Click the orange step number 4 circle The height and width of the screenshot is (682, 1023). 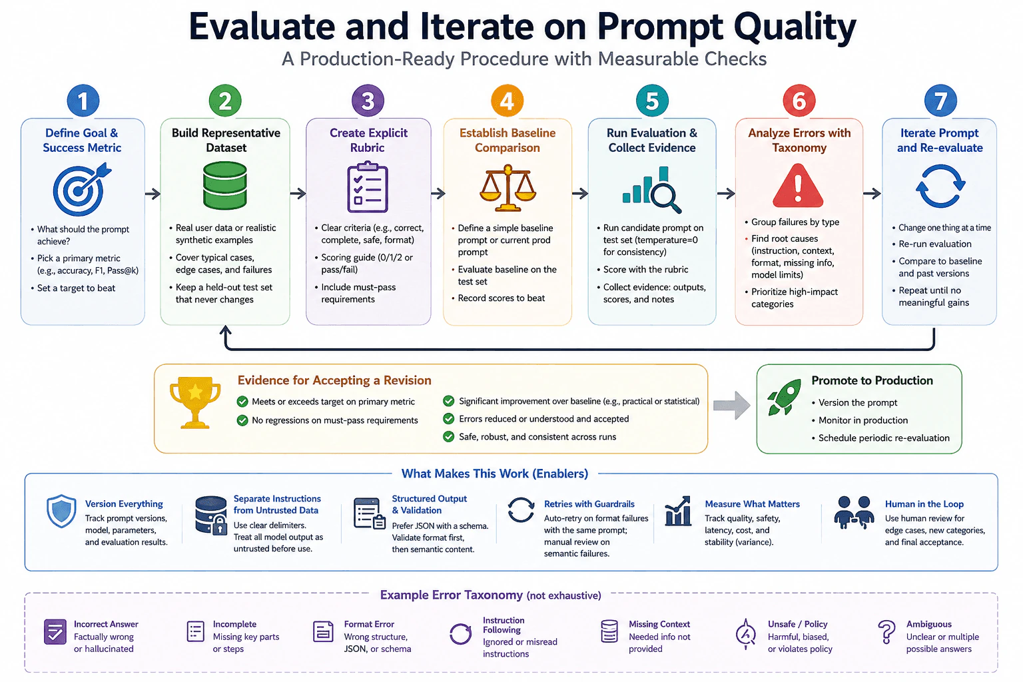point(507,101)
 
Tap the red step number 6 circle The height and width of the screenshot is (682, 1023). point(799,101)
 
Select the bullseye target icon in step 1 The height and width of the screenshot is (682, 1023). point(81,189)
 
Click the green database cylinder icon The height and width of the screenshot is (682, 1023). point(224,186)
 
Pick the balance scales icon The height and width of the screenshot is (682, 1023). point(508,188)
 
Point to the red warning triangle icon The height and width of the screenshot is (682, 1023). point(798,186)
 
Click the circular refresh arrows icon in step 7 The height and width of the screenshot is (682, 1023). point(940,186)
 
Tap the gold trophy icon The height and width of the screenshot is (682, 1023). point(195,402)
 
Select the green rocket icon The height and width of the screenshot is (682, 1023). point(784,397)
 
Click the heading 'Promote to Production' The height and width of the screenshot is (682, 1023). point(872,380)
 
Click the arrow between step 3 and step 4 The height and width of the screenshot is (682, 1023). point(438,193)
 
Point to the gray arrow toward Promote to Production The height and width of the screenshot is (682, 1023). point(732,405)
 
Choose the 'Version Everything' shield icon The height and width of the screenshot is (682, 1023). point(61,511)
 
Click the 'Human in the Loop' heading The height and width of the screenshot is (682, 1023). point(924,504)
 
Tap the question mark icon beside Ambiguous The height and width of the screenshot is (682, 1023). point(886,632)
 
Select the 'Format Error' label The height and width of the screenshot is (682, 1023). point(369,624)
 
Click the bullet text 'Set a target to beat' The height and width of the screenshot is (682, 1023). point(77,288)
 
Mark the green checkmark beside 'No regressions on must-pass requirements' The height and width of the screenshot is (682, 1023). point(242,420)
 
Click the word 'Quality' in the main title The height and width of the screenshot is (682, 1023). point(795,27)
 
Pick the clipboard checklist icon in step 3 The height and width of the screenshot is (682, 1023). point(368,187)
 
